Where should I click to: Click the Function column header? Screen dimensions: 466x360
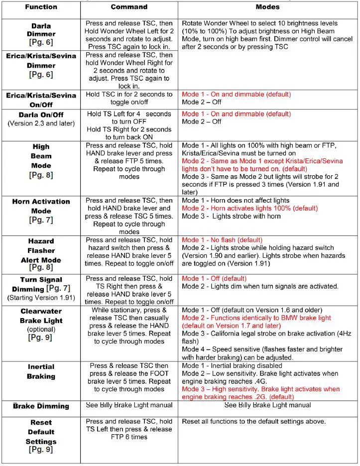click(40, 7)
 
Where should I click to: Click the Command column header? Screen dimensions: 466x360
click(129, 7)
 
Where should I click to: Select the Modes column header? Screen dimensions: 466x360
click(267, 7)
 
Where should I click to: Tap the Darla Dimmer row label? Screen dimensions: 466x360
click(41, 30)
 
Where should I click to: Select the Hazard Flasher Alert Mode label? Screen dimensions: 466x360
click(41, 250)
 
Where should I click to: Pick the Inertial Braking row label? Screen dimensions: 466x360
click(41, 371)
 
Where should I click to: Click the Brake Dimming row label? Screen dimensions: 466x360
click(41, 406)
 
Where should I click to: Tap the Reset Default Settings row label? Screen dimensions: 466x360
click(41, 432)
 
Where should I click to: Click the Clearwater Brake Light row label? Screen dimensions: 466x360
click(41, 316)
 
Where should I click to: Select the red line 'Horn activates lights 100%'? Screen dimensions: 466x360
click(249, 208)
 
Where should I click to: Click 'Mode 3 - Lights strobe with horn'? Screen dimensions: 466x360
click(231, 216)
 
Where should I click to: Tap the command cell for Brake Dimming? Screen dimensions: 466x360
click(129, 405)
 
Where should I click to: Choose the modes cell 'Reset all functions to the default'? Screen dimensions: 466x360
click(253, 422)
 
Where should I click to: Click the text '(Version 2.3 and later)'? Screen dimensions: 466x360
click(41, 123)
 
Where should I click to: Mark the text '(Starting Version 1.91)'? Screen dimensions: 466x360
click(41, 298)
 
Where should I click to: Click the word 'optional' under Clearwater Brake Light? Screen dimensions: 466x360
click(41, 330)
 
